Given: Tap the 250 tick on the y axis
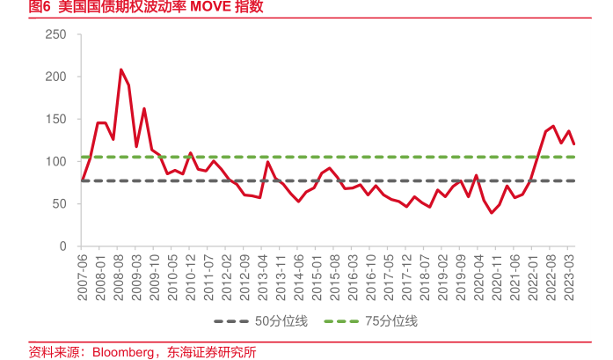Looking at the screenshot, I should click(55, 34).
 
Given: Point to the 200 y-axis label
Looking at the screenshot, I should click(55, 77).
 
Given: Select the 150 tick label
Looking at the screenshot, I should click(55, 119).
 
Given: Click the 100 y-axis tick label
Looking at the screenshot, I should click(55, 161).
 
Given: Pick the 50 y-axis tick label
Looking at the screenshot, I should click(59, 203).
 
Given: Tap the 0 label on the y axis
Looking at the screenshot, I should click(62, 246).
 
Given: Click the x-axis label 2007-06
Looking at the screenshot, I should click(83, 276).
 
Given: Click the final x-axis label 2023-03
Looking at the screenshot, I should click(570, 276).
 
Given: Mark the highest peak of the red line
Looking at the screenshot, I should click(120, 70).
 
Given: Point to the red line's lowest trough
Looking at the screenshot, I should click(492, 213).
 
